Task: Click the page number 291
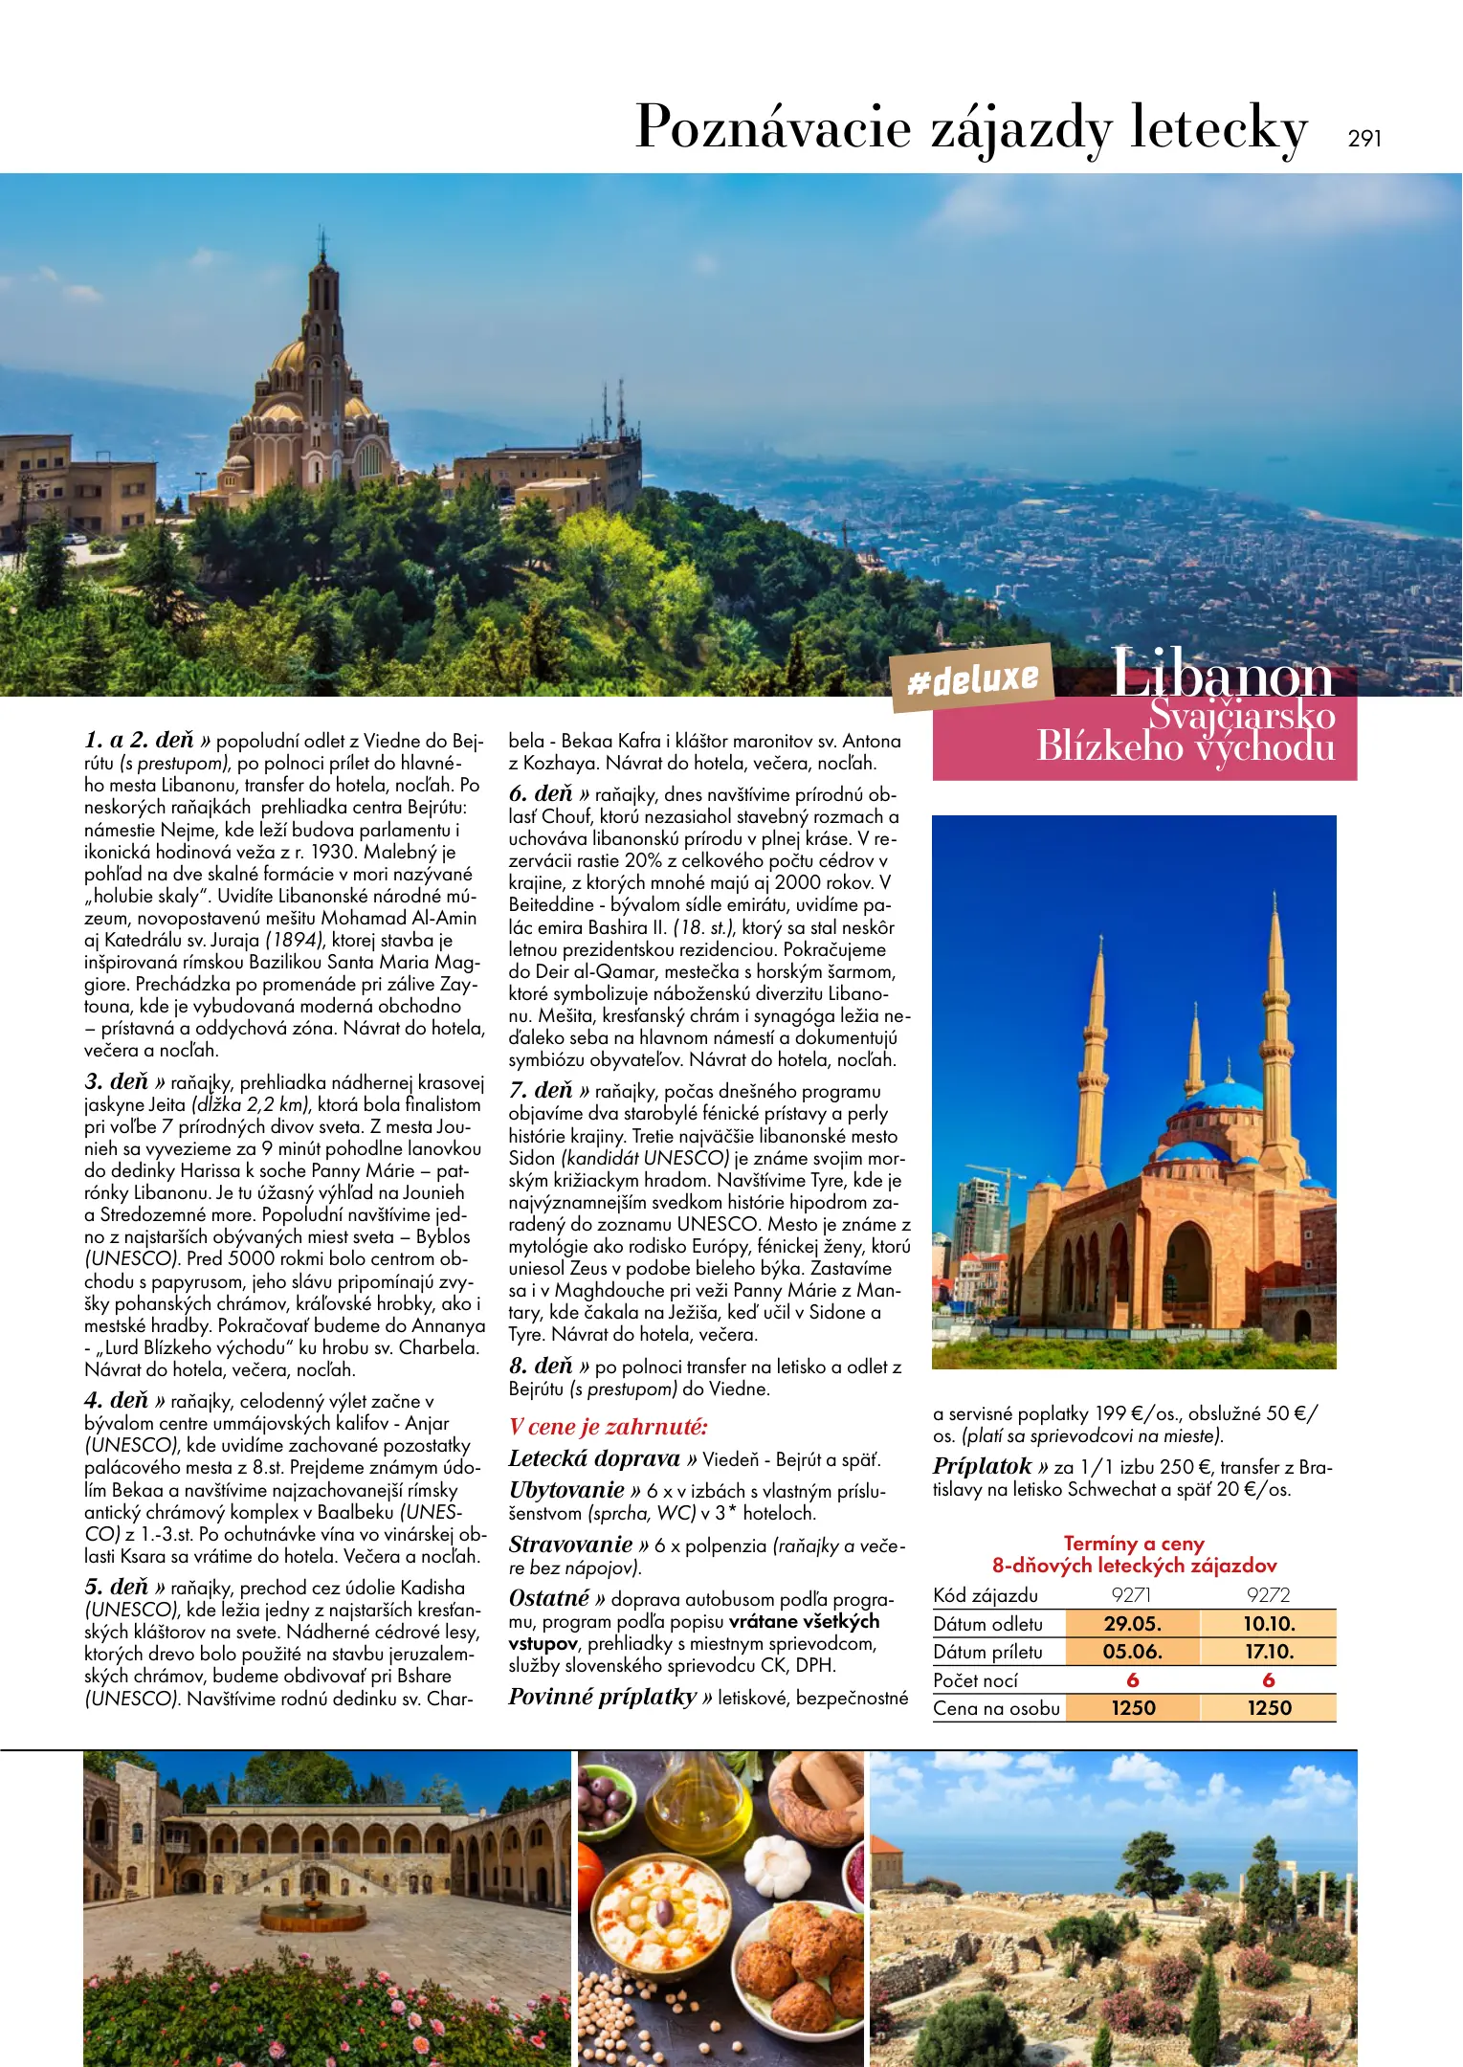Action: (x=1364, y=138)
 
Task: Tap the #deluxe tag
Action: (x=972, y=679)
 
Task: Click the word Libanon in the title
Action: (x=1222, y=675)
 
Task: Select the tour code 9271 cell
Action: (x=1131, y=1595)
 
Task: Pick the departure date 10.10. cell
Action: (x=1269, y=1624)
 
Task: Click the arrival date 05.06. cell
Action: (x=1132, y=1652)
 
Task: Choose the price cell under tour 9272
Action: (x=1269, y=1708)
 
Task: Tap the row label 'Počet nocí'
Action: (x=975, y=1680)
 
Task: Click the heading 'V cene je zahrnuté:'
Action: (x=609, y=1427)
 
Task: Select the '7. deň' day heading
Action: (x=542, y=1091)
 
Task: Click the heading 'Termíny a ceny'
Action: (x=1134, y=1544)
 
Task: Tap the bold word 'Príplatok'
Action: (x=983, y=1467)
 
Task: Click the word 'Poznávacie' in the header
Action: (x=773, y=128)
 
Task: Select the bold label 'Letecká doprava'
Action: (x=594, y=1458)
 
